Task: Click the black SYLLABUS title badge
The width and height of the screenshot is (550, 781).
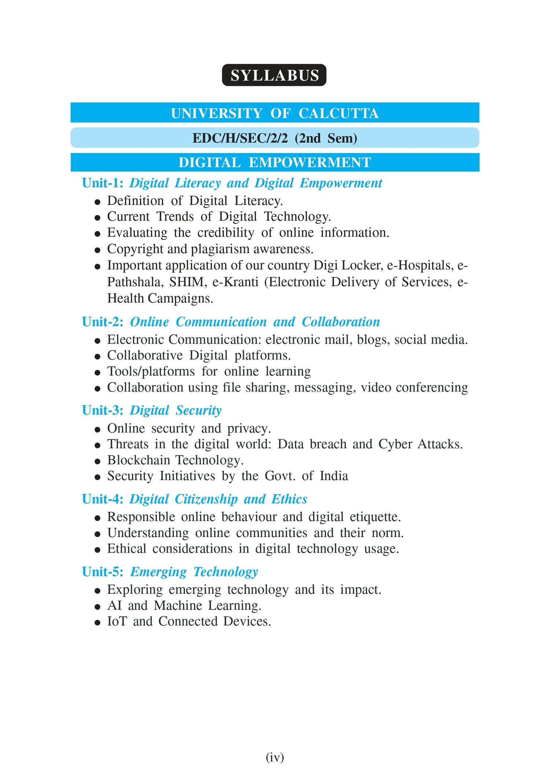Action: click(274, 75)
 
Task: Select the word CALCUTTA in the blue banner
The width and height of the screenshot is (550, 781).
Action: click(338, 113)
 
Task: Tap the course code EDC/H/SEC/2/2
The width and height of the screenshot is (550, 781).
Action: click(240, 138)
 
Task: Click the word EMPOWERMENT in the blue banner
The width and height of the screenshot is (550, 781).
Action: click(310, 163)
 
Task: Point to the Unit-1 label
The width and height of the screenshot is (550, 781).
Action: click(102, 183)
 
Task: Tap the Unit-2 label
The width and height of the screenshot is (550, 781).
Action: click(103, 322)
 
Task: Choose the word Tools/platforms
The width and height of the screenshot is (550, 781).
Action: click(151, 371)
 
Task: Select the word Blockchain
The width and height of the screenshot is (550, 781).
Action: click(138, 460)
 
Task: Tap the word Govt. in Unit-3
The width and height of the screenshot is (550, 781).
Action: click(280, 476)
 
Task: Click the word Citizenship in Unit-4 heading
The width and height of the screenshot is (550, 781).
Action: click(206, 499)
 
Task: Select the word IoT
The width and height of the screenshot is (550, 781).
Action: click(117, 621)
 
